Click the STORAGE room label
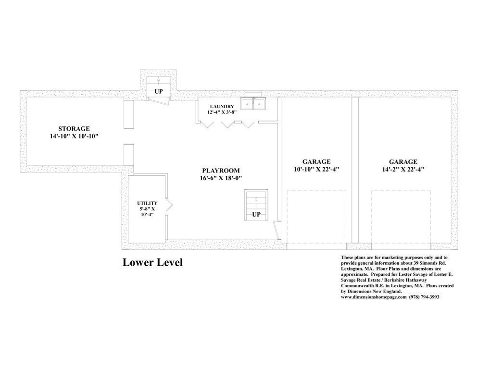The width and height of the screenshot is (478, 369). click(x=74, y=129)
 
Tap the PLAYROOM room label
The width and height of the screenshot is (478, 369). click(x=221, y=171)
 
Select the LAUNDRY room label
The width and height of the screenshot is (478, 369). click(x=222, y=107)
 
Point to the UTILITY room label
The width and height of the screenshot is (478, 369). click(x=147, y=203)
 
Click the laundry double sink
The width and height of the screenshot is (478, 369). click(x=253, y=104)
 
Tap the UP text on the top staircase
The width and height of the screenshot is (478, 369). click(x=159, y=91)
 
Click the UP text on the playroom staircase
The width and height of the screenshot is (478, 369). click(x=256, y=214)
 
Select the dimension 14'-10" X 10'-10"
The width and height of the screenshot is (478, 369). click(x=74, y=136)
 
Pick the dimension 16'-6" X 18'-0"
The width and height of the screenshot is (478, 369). click(x=221, y=178)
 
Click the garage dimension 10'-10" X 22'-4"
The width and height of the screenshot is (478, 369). click(x=316, y=170)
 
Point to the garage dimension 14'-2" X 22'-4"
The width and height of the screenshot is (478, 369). click(x=403, y=170)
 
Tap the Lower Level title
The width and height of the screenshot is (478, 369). click(x=153, y=262)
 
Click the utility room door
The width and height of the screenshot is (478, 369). click(x=169, y=205)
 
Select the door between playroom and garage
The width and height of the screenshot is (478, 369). click(x=276, y=231)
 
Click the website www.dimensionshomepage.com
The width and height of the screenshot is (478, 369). click(x=374, y=297)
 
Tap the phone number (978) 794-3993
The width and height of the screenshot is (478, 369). click(x=425, y=297)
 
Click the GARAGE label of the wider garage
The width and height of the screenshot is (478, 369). click(x=403, y=162)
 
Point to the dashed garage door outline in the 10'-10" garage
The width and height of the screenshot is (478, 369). click(x=316, y=191)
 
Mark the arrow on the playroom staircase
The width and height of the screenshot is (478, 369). click(x=256, y=199)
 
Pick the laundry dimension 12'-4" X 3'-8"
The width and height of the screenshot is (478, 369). click(x=222, y=112)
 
